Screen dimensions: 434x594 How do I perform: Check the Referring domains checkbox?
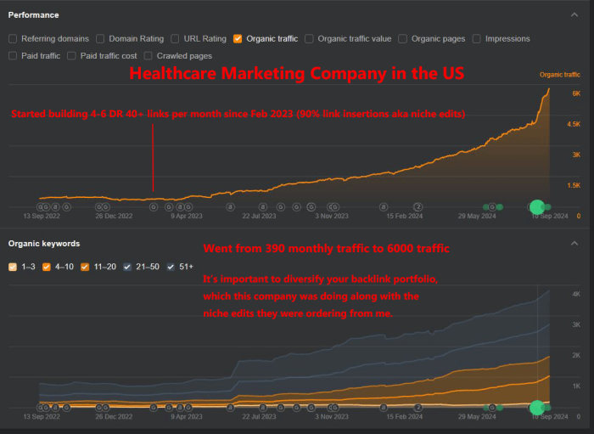13,38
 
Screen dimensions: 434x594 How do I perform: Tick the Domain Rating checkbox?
100,38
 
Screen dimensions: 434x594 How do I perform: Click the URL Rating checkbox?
175,38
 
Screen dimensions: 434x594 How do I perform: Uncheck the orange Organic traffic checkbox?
238,38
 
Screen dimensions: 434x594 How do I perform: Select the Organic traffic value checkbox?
310,38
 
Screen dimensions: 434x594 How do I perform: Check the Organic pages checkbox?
403,38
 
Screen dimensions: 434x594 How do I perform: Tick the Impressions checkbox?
477,38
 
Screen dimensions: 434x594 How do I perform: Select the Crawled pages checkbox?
148,55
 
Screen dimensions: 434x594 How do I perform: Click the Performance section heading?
34,14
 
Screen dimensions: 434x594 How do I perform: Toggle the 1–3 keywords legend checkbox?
13,267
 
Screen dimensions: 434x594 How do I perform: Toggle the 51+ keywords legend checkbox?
172,267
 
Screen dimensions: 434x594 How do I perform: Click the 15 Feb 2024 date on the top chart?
405,216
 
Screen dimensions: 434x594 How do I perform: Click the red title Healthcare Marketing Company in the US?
296,74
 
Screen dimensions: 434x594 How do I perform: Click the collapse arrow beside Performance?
574,14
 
